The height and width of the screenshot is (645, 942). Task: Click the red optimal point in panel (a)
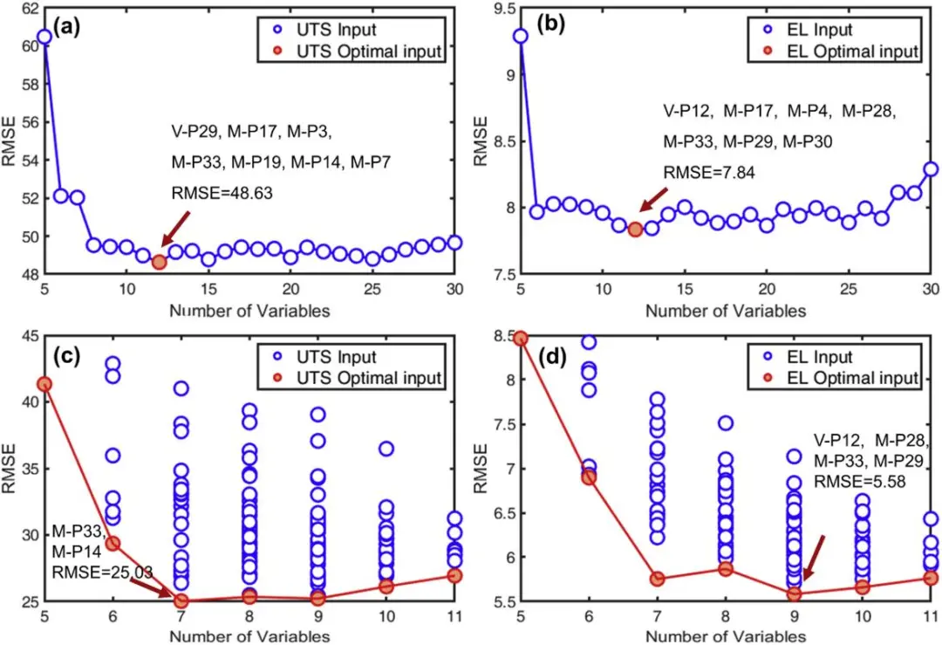coord(159,262)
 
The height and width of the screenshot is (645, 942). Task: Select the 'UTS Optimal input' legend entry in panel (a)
coord(366,51)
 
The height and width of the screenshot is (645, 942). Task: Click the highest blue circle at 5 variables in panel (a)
coord(44,38)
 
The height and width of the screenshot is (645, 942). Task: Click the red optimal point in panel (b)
coord(635,230)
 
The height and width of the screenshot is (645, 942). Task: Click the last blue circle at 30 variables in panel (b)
coord(931,169)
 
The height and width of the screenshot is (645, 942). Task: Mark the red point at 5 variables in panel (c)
coord(44,384)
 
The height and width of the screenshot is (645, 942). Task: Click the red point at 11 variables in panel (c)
coord(454,575)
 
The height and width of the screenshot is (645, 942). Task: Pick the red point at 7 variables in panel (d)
coord(658,579)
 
